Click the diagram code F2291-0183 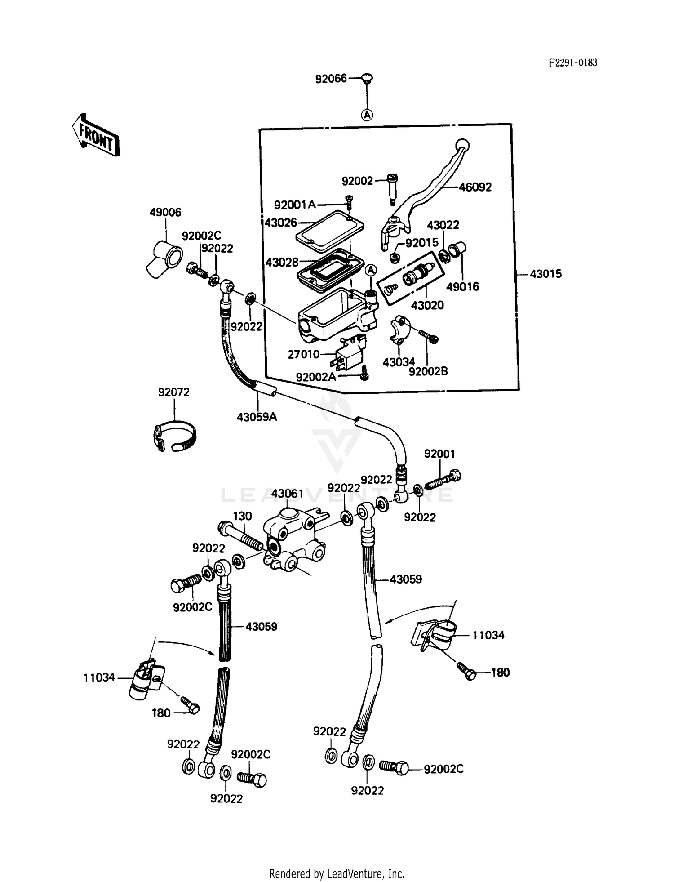tap(573, 63)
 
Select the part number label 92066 tap(331, 79)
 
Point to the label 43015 tap(545, 274)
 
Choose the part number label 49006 tap(165, 212)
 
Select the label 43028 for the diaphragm tap(282, 262)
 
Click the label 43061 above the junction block tap(288, 494)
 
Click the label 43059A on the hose tap(257, 417)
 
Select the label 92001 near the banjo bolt tap(439, 454)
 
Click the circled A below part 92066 tap(367, 115)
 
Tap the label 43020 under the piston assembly tap(427, 305)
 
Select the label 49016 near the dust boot tap(462, 286)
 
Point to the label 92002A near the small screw tap(316, 377)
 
